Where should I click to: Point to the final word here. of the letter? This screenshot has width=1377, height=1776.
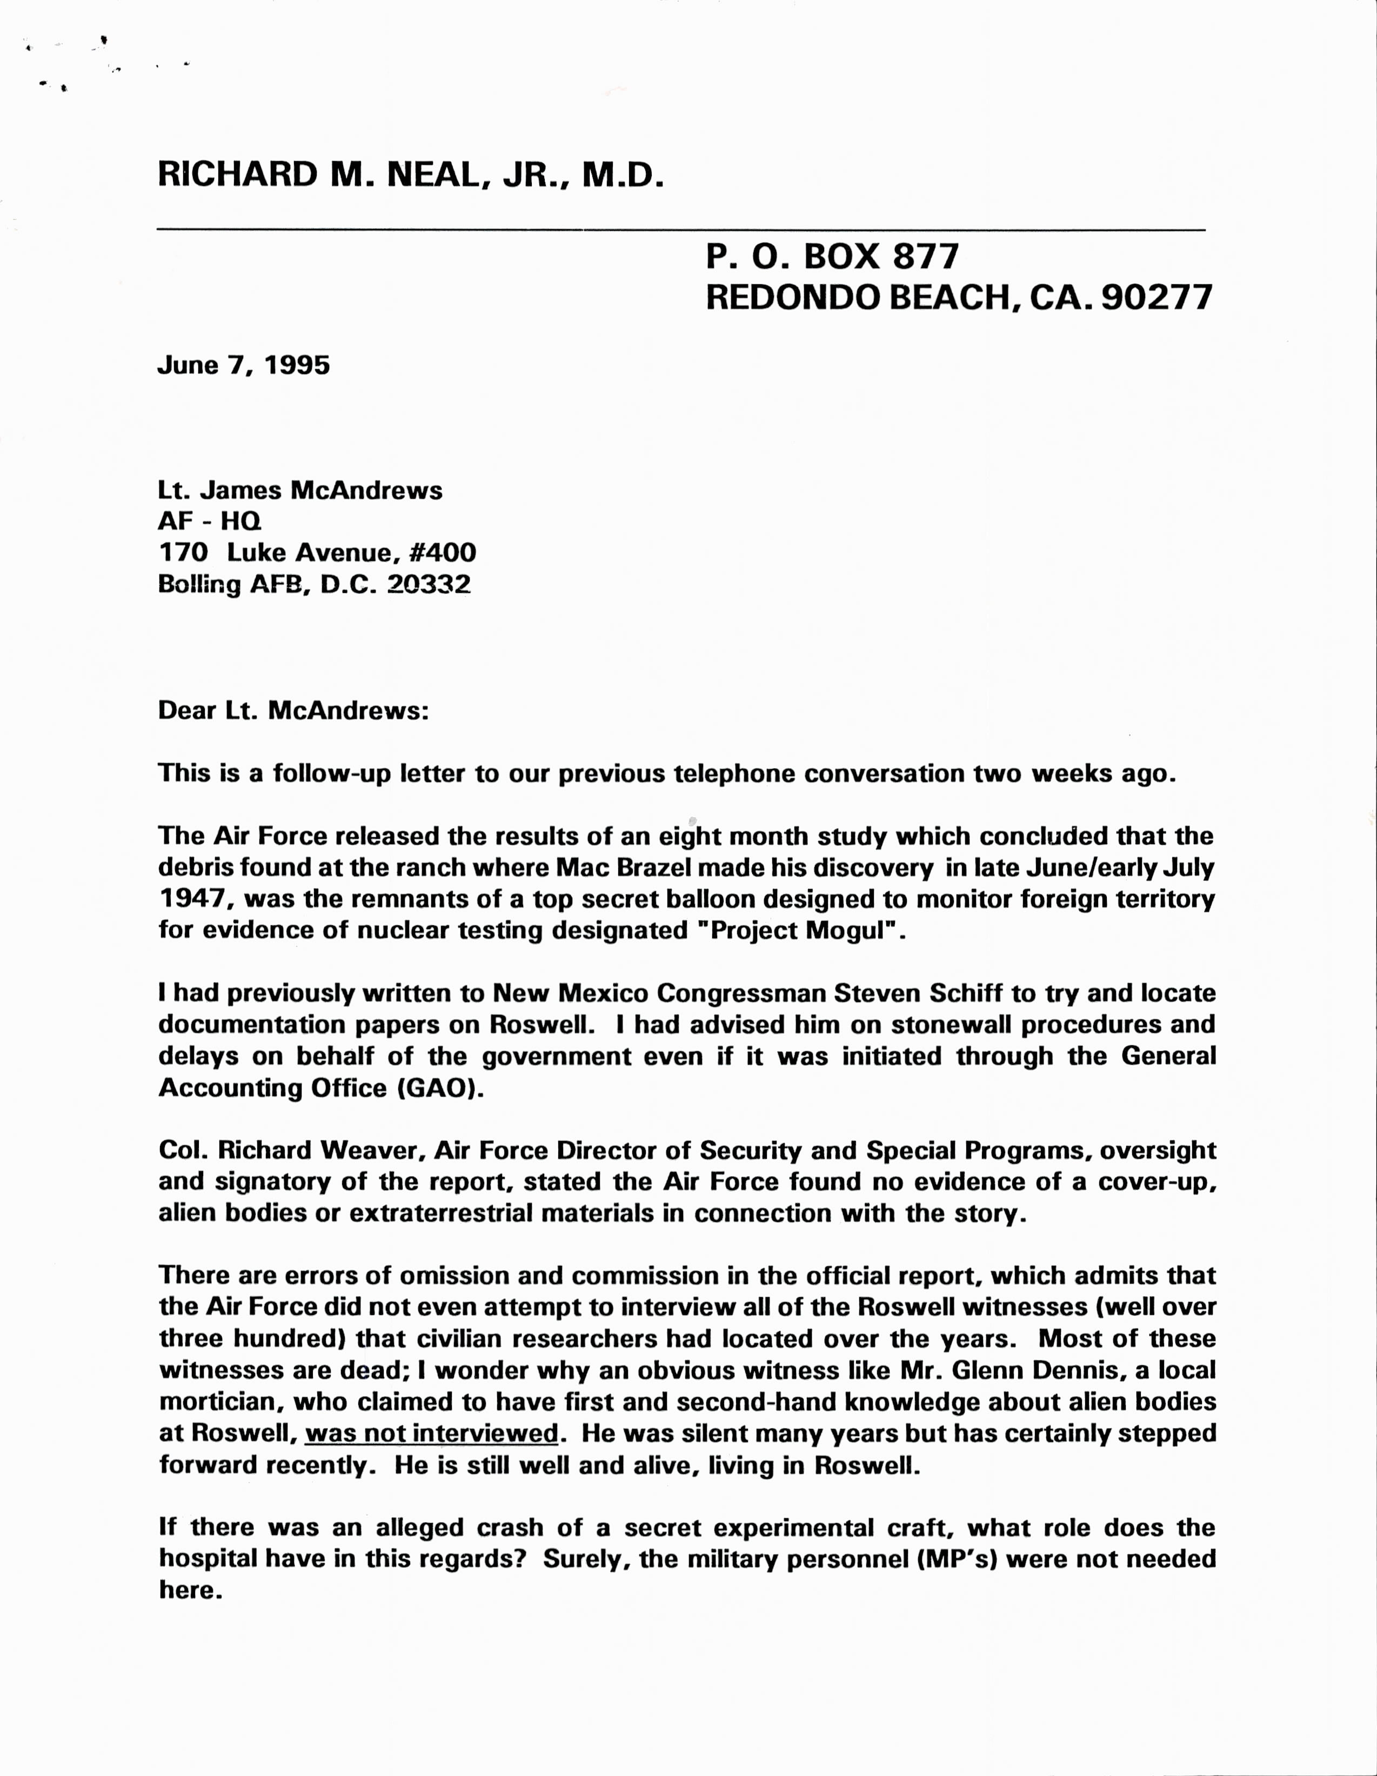pyautogui.click(x=190, y=1591)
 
